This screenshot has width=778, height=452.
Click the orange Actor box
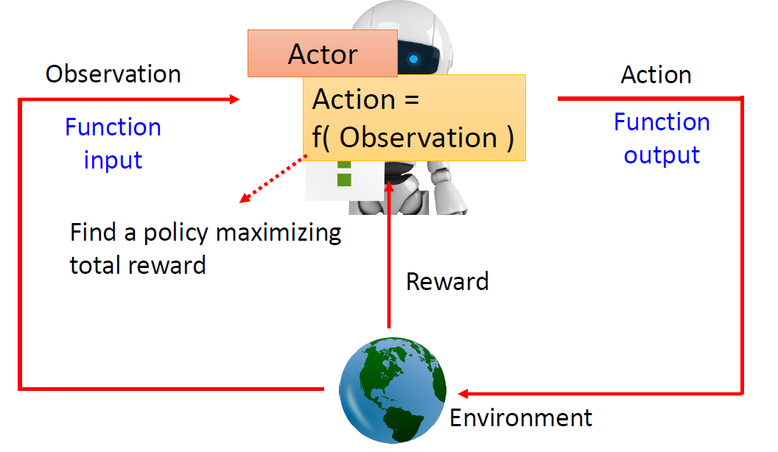click(322, 54)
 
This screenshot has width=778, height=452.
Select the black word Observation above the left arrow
click(113, 74)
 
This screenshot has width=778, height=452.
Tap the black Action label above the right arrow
click(656, 74)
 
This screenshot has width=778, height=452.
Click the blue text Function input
click(113, 143)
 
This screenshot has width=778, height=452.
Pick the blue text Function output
click(662, 138)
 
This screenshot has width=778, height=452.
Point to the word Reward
click(447, 281)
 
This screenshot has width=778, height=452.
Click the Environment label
click(521, 418)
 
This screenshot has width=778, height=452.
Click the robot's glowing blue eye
click(414, 59)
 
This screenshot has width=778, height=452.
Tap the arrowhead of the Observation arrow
click(236, 99)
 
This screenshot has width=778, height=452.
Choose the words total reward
click(138, 265)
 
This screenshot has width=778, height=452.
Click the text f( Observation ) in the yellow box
click(413, 138)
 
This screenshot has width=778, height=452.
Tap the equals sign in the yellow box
click(407, 99)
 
